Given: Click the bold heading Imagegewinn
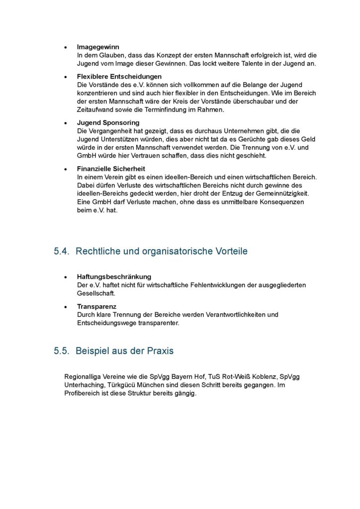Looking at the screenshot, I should [x=98, y=47].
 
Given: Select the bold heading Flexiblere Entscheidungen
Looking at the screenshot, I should [x=119, y=77].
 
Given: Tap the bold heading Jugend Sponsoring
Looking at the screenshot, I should [x=108, y=122].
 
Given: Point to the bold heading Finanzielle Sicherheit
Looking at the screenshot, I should [x=111, y=169].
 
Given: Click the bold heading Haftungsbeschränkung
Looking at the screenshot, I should [x=114, y=276].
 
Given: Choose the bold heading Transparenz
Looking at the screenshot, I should [x=96, y=306].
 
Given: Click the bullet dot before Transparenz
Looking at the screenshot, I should [x=66, y=307].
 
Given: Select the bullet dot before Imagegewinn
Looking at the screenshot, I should [x=66, y=47].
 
